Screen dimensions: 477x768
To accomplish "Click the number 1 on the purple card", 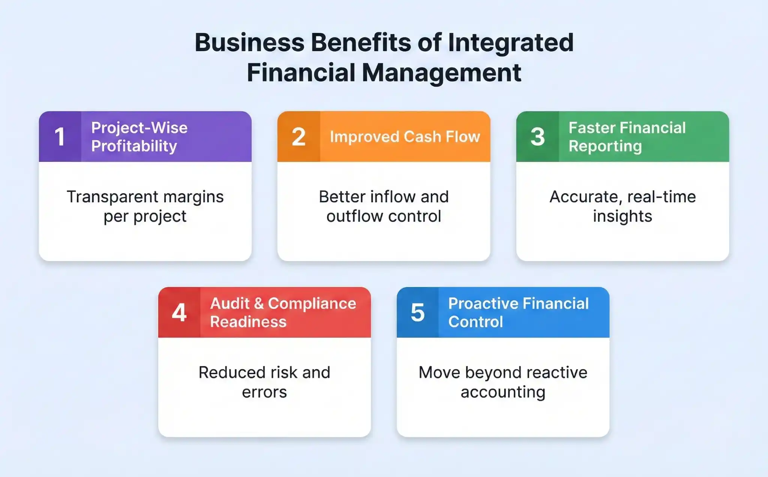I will pyautogui.click(x=60, y=137).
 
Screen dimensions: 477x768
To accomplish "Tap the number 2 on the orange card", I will pyautogui.click(x=298, y=137).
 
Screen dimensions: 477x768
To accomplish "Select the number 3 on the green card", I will pyautogui.click(x=537, y=137).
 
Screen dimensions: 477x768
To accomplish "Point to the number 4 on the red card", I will pyautogui.click(x=179, y=313).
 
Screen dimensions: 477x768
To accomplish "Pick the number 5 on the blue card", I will pyautogui.click(x=418, y=313).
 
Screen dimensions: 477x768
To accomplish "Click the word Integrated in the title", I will pyautogui.click(x=511, y=42).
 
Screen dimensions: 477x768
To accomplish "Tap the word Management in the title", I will pyautogui.click(x=441, y=73).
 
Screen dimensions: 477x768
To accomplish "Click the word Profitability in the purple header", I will pyautogui.click(x=134, y=146).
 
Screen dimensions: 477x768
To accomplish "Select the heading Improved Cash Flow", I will pyautogui.click(x=405, y=137).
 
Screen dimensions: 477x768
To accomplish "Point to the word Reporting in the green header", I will pyautogui.click(x=605, y=146).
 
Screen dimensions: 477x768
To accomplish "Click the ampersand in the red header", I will pyautogui.click(x=259, y=304).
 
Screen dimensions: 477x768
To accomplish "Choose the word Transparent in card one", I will pyautogui.click(x=112, y=197).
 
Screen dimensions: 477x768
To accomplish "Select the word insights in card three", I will pyautogui.click(x=622, y=216).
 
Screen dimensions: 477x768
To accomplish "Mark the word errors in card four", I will pyautogui.click(x=264, y=392).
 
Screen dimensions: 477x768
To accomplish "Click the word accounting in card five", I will pyautogui.click(x=503, y=392).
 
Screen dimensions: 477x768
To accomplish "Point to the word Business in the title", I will pyautogui.click(x=249, y=42).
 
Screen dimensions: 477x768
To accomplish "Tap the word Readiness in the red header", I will pyautogui.click(x=248, y=322).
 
